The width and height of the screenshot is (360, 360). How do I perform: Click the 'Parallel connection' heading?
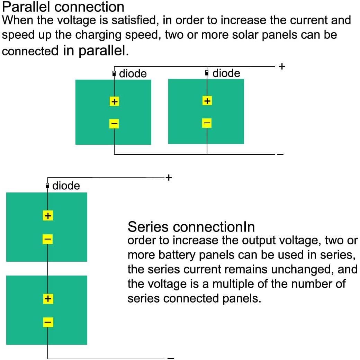(63, 7)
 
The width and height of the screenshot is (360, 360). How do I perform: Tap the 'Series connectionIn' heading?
(191, 227)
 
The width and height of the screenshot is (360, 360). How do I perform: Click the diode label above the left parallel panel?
(133, 74)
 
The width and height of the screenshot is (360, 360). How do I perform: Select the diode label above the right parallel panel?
(226, 73)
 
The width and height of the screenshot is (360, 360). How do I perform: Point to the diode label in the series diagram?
(66, 186)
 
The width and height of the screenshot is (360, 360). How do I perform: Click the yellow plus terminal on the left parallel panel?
(114, 101)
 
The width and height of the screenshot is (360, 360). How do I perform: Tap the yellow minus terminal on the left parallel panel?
(114, 123)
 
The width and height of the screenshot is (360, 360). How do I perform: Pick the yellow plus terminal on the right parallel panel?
(207, 101)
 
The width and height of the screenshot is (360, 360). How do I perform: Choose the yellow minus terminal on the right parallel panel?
(207, 123)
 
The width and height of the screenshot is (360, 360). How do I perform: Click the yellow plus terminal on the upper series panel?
(48, 216)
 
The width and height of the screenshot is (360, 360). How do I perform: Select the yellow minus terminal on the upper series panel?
(48, 239)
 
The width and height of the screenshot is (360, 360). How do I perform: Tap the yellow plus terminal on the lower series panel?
(48, 298)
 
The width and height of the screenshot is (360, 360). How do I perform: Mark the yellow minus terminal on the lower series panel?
(48, 322)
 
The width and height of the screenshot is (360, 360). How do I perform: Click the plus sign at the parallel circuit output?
(282, 66)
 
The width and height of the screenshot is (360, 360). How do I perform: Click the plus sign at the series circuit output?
(169, 178)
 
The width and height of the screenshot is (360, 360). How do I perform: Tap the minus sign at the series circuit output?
(171, 358)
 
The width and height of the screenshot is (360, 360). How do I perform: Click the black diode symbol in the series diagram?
(47, 186)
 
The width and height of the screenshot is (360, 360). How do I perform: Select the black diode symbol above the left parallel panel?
(114, 74)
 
